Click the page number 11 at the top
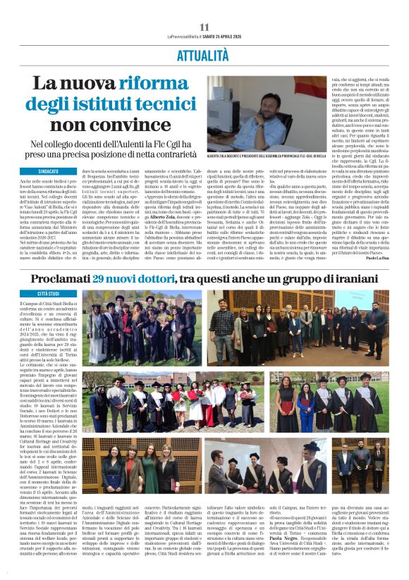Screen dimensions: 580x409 point(204,26)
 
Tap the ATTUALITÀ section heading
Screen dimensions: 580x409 point(204,54)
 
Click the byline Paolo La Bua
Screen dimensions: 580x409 point(377,258)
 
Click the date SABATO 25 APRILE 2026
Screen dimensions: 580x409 point(213,36)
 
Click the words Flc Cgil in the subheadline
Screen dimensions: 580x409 point(183,144)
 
